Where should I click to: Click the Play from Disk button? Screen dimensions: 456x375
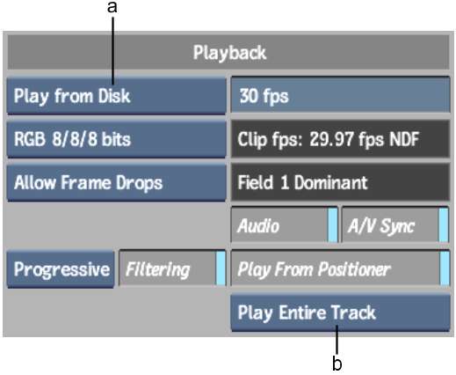click(116, 96)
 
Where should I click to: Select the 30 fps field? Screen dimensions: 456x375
click(340, 94)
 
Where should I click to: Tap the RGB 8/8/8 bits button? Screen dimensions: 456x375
click(116, 139)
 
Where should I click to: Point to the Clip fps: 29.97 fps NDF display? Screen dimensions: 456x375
click(340, 139)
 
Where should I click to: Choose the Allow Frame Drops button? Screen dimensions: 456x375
click(116, 182)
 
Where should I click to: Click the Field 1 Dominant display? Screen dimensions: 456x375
click(340, 182)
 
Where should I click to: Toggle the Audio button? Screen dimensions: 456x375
click(285, 225)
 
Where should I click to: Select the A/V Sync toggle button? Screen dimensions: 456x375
click(395, 225)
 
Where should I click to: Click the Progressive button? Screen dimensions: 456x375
click(61, 269)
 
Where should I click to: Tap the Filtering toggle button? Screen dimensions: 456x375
click(172, 268)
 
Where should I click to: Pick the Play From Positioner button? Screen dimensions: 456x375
click(340, 268)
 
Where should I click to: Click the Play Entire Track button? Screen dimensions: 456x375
click(340, 312)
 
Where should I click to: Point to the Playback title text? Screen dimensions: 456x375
click(229, 53)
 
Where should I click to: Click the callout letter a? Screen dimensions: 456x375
click(112, 7)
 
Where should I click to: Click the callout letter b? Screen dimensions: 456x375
click(337, 363)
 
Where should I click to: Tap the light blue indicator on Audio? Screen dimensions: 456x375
click(333, 225)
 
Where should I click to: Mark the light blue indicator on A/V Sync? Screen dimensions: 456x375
click(444, 225)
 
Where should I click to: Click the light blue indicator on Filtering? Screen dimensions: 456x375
click(221, 268)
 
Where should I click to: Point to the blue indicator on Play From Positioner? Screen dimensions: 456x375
click(445, 268)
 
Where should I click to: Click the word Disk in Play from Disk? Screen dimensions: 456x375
click(114, 96)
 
